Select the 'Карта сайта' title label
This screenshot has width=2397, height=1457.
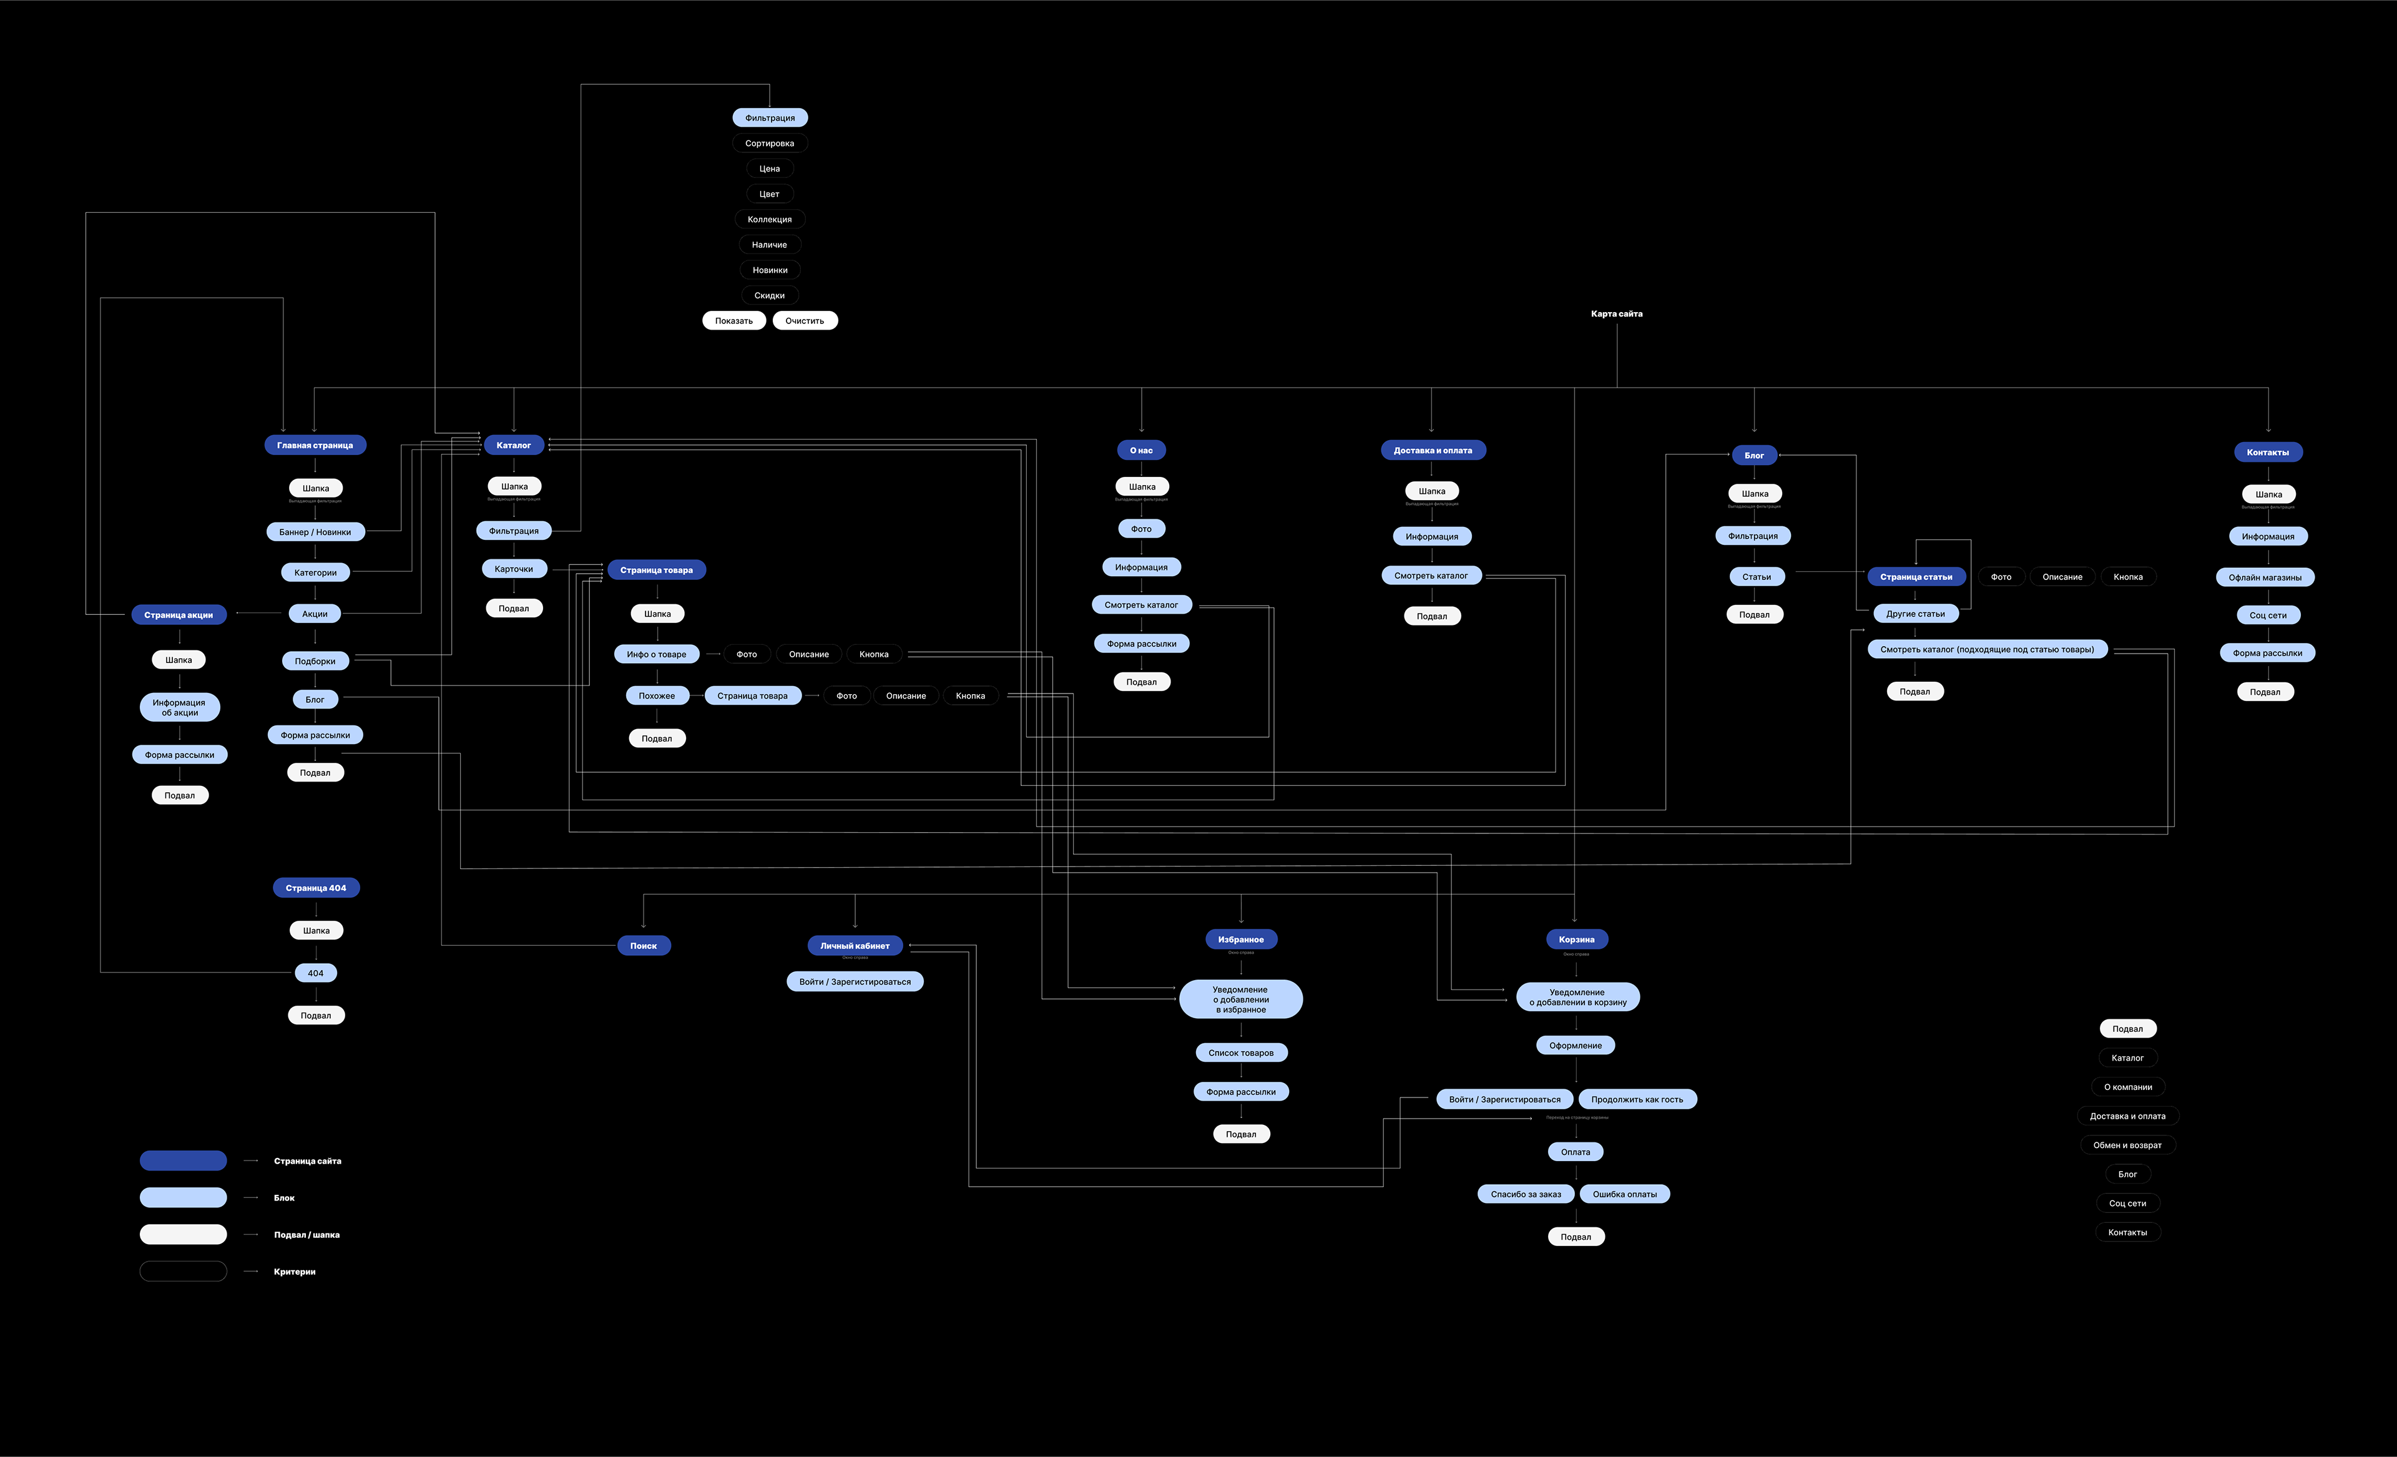[x=1616, y=314]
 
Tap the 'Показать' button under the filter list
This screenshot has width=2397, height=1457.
[x=733, y=321]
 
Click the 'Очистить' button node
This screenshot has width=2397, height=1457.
[x=805, y=321]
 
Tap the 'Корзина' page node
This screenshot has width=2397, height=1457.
[x=1576, y=939]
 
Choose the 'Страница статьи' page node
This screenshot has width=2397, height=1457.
[x=1916, y=577]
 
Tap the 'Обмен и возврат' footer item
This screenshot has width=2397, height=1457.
[x=2127, y=1145]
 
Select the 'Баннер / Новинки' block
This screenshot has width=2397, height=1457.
[x=315, y=532]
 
